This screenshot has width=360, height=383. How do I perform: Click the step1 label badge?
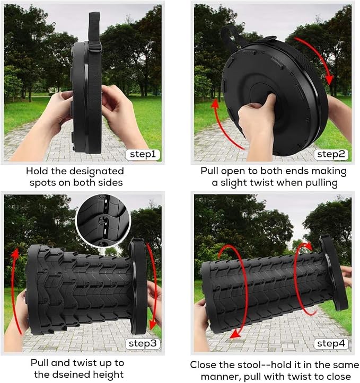tap(143, 154)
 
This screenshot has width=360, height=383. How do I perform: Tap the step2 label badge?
tap(331, 154)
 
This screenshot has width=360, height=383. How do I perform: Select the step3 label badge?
tap(143, 344)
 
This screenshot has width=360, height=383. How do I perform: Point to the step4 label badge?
tap(331, 344)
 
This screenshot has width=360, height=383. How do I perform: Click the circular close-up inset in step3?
tap(103, 220)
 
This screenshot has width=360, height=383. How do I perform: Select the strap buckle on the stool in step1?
tap(94, 47)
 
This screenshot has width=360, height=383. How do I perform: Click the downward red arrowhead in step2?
tap(330, 80)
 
